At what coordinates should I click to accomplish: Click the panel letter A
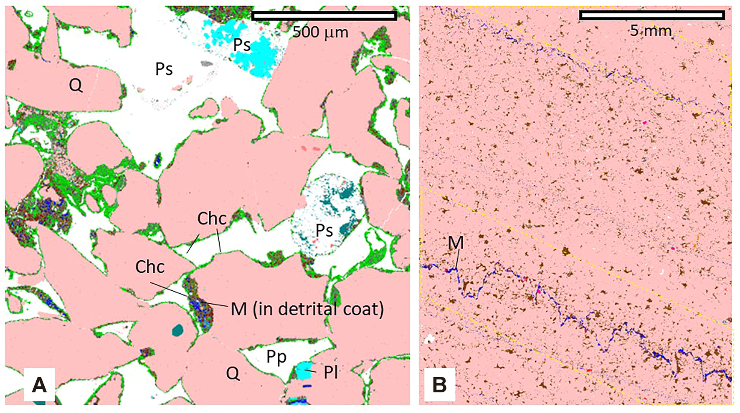(39, 385)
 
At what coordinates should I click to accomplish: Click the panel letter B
(439, 385)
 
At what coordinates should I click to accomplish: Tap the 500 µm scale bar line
(324, 16)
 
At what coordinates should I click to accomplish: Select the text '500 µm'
(320, 32)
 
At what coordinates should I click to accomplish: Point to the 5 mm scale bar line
(652, 15)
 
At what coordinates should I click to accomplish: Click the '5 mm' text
(651, 30)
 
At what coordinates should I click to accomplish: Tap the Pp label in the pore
(276, 357)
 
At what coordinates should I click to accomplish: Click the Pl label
(331, 373)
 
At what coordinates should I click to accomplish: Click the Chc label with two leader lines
(212, 219)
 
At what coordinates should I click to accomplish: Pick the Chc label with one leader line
(150, 267)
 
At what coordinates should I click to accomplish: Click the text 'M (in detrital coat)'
(307, 309)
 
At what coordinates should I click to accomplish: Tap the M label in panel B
(456, 242)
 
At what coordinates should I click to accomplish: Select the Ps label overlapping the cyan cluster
(242, 45)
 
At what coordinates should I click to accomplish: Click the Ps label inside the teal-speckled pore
(324, 230)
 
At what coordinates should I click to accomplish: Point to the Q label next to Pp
(233, 373)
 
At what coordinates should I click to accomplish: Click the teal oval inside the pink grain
(178, 330)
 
